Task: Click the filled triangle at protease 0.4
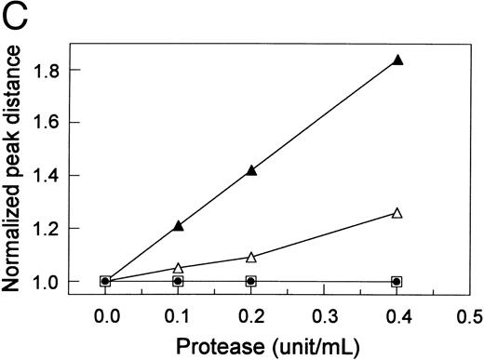[397, 60]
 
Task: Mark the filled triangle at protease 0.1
[179, 225]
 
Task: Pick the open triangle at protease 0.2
[251, 257]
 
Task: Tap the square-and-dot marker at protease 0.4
[397, 281]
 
